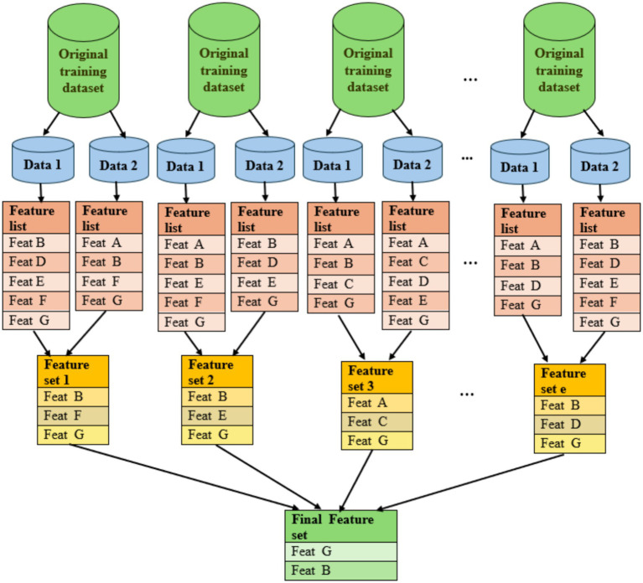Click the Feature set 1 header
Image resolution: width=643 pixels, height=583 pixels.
[x=73, y=372]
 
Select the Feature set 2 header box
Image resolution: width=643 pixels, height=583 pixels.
[x=217, y=372]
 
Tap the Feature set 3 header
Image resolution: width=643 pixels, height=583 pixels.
[x=377, y=378]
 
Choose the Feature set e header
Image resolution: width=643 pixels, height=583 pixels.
[x=569, y=380]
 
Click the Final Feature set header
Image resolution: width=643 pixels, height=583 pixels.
[x=341, y=527]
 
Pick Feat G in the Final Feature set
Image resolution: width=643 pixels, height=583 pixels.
[x=341, y=551]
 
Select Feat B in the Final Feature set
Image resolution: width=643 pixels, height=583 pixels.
[x=341, y=570]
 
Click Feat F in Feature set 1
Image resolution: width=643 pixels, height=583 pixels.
[x=73, y=415]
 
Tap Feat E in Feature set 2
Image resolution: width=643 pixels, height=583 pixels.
[x=217, y=415]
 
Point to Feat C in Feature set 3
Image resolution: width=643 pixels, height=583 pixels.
[x=377, y=422]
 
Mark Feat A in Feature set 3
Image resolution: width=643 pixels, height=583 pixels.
[x=377, y=403]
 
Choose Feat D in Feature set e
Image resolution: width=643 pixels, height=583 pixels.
[x=569, y=425]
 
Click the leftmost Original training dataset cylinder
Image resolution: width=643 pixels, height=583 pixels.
[x=83, y=60]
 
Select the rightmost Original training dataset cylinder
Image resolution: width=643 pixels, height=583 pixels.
[x=559, y=59]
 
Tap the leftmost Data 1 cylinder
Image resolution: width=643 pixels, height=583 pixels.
[x=43, y=160]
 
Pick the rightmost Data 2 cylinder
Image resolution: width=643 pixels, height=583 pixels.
[x=600, y=161]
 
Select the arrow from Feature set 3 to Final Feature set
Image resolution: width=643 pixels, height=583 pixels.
[x=356, y=480]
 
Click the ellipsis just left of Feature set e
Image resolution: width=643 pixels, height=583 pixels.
[x=467, y=395]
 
